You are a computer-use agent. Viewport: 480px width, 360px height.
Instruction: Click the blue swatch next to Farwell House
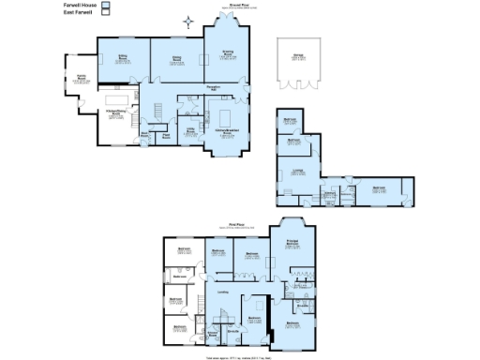(x=106, y=5)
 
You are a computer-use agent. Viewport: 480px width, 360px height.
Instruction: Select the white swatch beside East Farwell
(x=106, y=12)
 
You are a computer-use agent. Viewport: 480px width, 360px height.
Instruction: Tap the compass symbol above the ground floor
(x=190, y=21)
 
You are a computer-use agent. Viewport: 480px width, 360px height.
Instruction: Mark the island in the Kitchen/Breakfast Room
(x=226, y=117)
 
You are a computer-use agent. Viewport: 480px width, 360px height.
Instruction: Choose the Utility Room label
(x=189, y=131)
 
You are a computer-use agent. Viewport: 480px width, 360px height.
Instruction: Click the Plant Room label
(x=166, y=135)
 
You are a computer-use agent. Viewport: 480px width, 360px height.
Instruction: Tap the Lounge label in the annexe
(x=297, y=170)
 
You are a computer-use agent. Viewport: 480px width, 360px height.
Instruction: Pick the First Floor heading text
(x=237, y=224)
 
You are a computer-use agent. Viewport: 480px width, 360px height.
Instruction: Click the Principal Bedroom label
(x=292, y=243)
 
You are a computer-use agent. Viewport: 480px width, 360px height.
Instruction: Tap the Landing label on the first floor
(x=223, y=292)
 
